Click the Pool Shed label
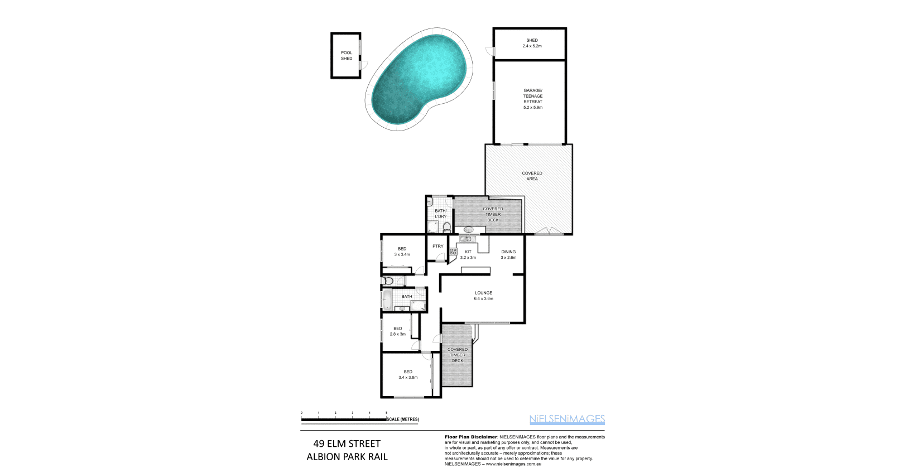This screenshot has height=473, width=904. [347, 56]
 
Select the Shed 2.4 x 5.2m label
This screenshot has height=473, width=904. [532, 43]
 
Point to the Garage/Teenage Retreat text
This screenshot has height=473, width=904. [532, 99]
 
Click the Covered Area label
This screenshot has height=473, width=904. [532, 176]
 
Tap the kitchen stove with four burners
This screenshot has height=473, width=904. [453, 252]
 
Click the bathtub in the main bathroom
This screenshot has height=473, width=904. [387, 300]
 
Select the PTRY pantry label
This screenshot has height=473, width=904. [437, 246]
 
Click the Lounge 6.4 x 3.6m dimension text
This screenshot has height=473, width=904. [483, 298]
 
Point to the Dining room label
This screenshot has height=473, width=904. [508, 252]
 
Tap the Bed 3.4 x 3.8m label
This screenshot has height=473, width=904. [408, 375]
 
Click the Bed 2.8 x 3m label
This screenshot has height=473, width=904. [397, 331]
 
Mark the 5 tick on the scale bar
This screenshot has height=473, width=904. [386, 413]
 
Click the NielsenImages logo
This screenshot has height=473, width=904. [566, 419]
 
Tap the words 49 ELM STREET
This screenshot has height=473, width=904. [347, 444]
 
